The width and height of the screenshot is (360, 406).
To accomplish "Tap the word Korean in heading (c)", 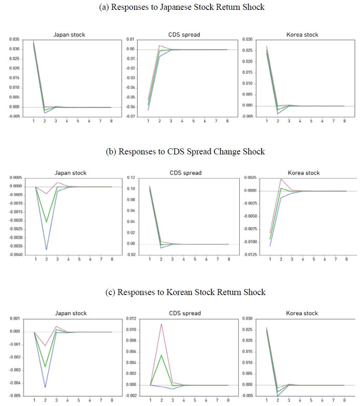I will pyautogui.click(x=175, y=292).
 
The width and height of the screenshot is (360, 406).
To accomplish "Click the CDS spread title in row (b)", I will pyautogui.click(x=187, y=173).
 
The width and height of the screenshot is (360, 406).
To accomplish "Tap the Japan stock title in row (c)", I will pyautogui.click(x=70, y=313).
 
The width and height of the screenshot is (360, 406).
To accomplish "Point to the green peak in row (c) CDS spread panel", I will pyautogui.click(x=161, y=355).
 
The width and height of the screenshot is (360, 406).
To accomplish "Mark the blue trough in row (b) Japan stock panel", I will pyautogui.click(x=46, y=249).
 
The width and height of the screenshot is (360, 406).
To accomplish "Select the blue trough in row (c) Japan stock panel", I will pyautogui.click(x=45, y=387).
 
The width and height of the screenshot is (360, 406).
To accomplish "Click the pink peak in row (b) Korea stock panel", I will pyautogui.click(x=281, y=179).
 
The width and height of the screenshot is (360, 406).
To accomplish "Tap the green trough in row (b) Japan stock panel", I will pyautogui.click(x=46, y=222).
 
